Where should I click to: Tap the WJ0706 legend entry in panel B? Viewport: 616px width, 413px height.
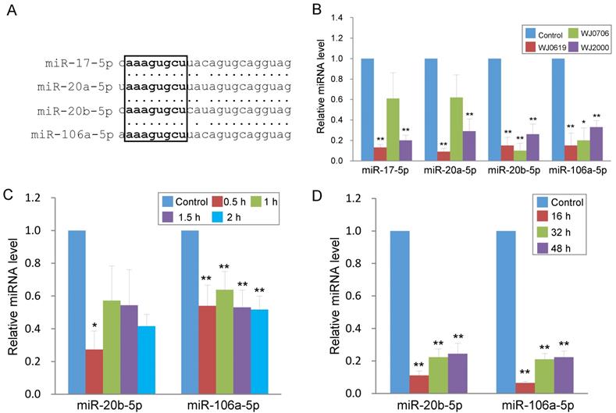pyautogui.click(x=572, y=34)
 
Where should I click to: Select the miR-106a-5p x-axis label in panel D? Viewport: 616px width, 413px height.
pyautogui.click(x=540, y=404)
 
